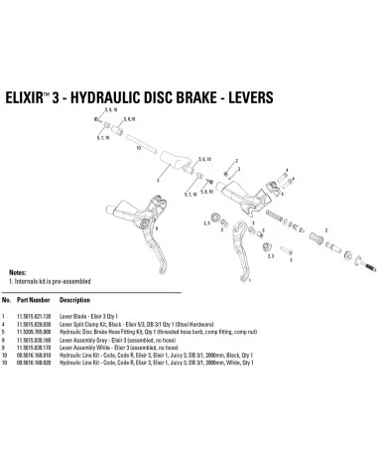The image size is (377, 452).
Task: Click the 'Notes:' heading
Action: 17,271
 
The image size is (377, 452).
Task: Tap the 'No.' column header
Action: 8,298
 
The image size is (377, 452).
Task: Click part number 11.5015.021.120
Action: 39,313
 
